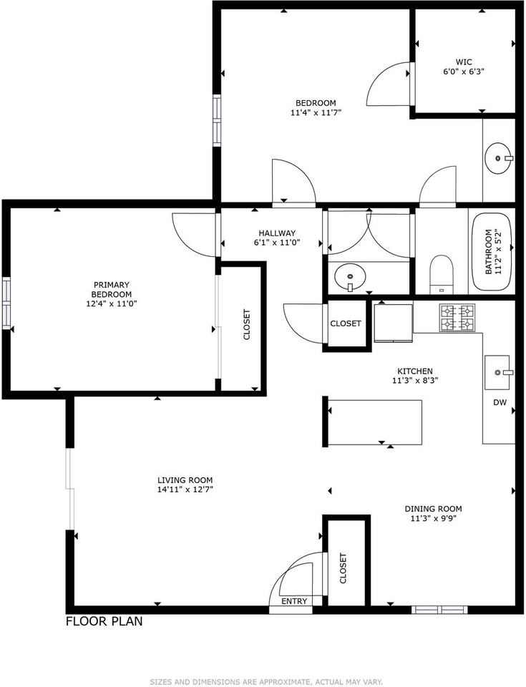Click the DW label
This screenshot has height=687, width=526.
coord(500,403)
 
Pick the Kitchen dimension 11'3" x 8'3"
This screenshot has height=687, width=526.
coord(414,381)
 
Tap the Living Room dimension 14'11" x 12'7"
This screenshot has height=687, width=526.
coord(185,490)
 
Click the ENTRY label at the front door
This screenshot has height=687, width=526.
coord(294,601)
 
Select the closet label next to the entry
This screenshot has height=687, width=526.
coord(343,568)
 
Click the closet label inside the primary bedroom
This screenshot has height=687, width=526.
coord(247,324)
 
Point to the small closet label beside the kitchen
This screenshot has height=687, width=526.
coord(346,323)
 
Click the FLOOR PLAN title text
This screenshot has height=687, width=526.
coord(104,621)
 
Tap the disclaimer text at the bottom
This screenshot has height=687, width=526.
coord(266,681)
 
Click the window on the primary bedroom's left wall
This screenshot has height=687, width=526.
coord(6,303)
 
